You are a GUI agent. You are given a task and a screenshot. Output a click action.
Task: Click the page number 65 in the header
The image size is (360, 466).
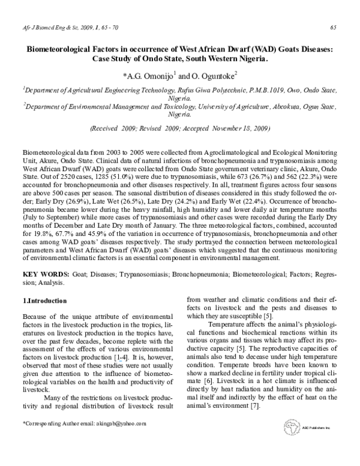(333, 27)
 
